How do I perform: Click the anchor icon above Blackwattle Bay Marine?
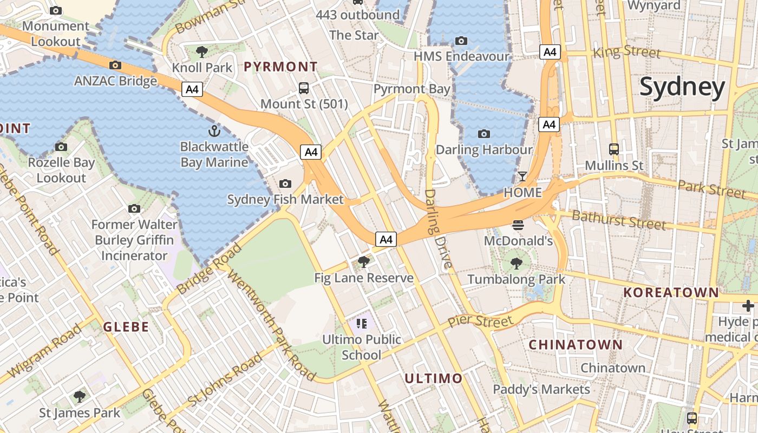(x=214, y=131)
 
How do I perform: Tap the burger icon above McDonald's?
(x=518, y=225)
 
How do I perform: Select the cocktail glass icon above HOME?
(x=522, y=176)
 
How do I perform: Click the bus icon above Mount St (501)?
(x=304, y=88)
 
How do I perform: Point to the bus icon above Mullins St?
(x=613, y=149)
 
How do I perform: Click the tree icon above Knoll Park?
(x=202, y=52)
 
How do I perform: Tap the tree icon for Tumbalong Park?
(x=517, y=264)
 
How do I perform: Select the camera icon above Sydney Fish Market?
(x=285, y=184)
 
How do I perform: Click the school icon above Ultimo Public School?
(x=362, y=324)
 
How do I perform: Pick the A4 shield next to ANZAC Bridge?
(x=192, y=89)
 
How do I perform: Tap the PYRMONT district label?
(x=280, y=67)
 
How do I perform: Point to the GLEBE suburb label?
(x=126, y=327)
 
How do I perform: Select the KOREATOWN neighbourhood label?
(x=671, y=293)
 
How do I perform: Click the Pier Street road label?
(x=480, y=322)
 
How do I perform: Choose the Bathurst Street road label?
(x=618, y=220)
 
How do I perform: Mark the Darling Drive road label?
(x=437, y=228)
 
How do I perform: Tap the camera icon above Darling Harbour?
(x=484, y=134)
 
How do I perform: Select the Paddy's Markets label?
(x=541, y=390)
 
